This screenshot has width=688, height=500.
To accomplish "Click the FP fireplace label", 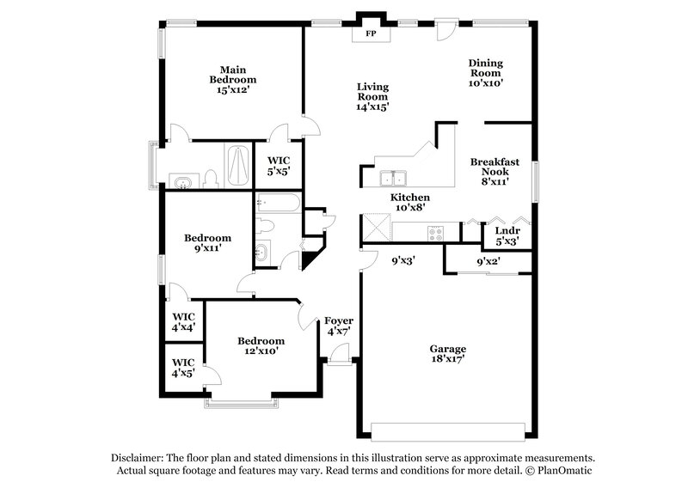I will (x=372, y=34).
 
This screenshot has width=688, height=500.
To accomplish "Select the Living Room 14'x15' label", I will (x=373, y=96).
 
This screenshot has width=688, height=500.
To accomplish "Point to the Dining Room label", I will (x=485, y=73).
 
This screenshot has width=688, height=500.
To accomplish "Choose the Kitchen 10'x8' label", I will (x=410, y=202).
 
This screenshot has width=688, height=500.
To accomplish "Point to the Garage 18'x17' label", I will (x=448, y=355).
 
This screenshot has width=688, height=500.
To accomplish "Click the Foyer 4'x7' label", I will (x=338, y=326).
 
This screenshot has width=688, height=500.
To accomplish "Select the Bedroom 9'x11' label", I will (x=209, y=244).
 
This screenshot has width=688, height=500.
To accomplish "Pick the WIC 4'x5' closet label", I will (x=183, y=368).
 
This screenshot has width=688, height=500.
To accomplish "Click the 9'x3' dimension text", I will (x=404, y=260).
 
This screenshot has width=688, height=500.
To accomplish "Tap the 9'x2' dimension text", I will (x=488, y=261).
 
